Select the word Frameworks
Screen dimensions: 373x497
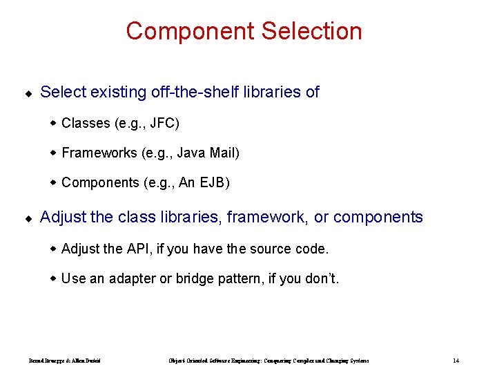pyautogui.click(x=99, y=153)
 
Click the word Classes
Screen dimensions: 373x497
pyautogui.click(x=86, y=123)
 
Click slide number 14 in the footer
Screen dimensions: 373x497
pyautogui.click(x=456, y=361)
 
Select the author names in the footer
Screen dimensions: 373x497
pyautogui.click(x=65, y=361)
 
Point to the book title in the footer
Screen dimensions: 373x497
pyautogui.click(x=269, y=361)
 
